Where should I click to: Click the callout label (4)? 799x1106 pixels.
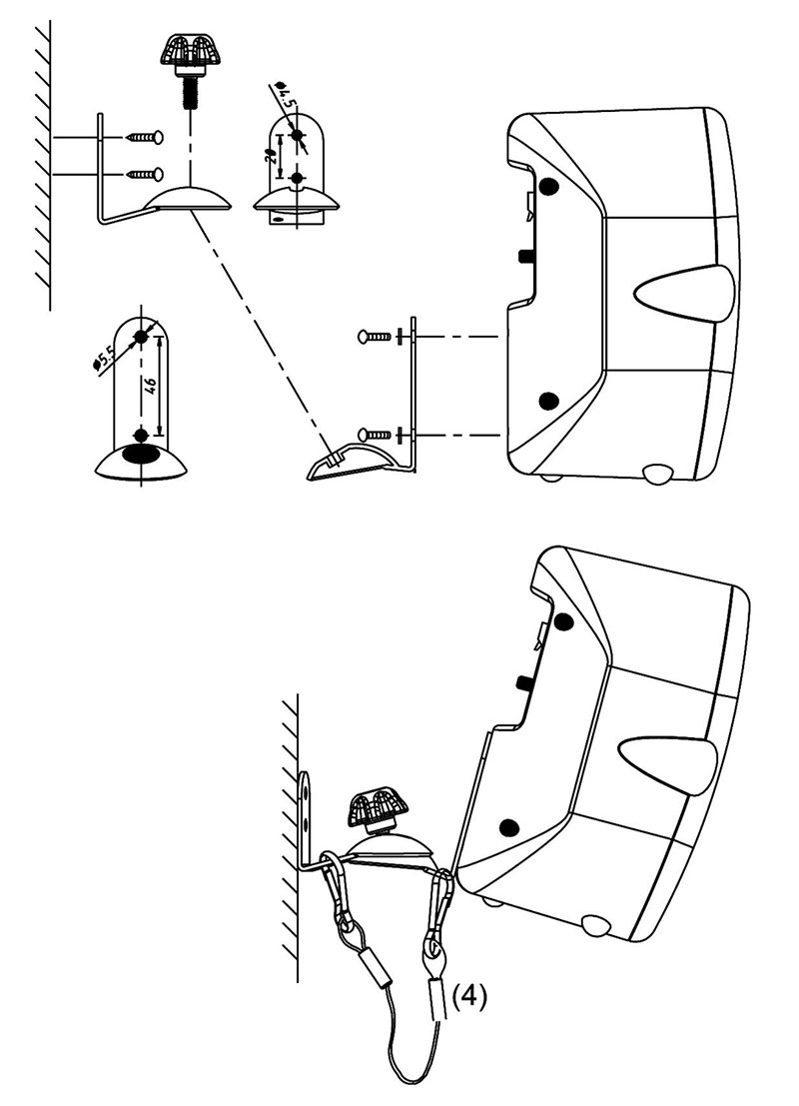point(469,997)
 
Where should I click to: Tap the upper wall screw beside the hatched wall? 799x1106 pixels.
point(145,137)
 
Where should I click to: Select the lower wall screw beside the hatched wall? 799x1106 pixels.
point(145,174)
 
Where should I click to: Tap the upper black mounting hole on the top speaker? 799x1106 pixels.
point(548,186)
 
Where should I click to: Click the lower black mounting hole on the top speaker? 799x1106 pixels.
point(548,401)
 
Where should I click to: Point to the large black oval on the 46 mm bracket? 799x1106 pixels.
point(141,455)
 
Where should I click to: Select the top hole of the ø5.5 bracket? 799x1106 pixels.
point(141,337)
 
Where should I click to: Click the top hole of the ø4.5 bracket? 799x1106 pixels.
point(297,134)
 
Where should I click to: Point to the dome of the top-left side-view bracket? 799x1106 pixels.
point(188,198)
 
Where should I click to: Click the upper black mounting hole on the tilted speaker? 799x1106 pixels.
point(562,621)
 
